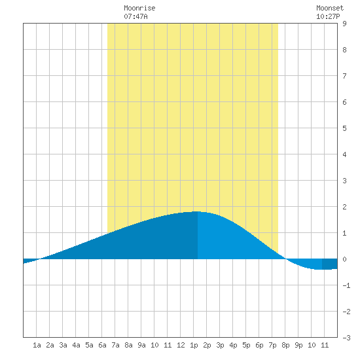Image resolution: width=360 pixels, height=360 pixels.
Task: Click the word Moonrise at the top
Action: [139, 8]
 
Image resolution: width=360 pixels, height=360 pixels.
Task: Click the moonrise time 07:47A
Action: [135, 16]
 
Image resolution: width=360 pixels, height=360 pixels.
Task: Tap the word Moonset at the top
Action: [330, 8]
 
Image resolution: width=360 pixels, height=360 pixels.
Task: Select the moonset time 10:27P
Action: [328, 16]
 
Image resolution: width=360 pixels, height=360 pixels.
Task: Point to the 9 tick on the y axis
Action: [344, 24]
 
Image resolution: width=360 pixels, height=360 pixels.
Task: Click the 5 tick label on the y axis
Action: [344, 128]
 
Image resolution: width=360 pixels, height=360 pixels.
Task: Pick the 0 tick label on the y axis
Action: [344, 259]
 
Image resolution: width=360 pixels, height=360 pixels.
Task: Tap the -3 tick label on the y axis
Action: [346, 338]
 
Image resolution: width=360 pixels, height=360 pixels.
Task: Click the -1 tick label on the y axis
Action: [346, 285]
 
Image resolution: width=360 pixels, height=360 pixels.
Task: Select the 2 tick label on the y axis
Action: [344, 207]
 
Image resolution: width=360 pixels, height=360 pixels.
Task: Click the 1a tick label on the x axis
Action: [37, 345]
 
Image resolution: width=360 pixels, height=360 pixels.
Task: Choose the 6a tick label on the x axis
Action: [102, 345]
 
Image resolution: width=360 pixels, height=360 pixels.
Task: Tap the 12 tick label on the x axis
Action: [181, 345]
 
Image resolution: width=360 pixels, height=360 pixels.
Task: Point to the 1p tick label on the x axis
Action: [194, 345]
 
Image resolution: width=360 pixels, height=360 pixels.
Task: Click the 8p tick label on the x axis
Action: [285, 345]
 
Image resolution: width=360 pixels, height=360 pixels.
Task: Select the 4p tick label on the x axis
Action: [233, 345]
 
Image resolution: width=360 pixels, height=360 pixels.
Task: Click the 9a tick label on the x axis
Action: [141, 345]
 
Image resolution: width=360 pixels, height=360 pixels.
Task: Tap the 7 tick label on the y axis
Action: [344, 76]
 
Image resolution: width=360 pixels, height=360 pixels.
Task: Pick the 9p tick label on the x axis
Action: [298, 345]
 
